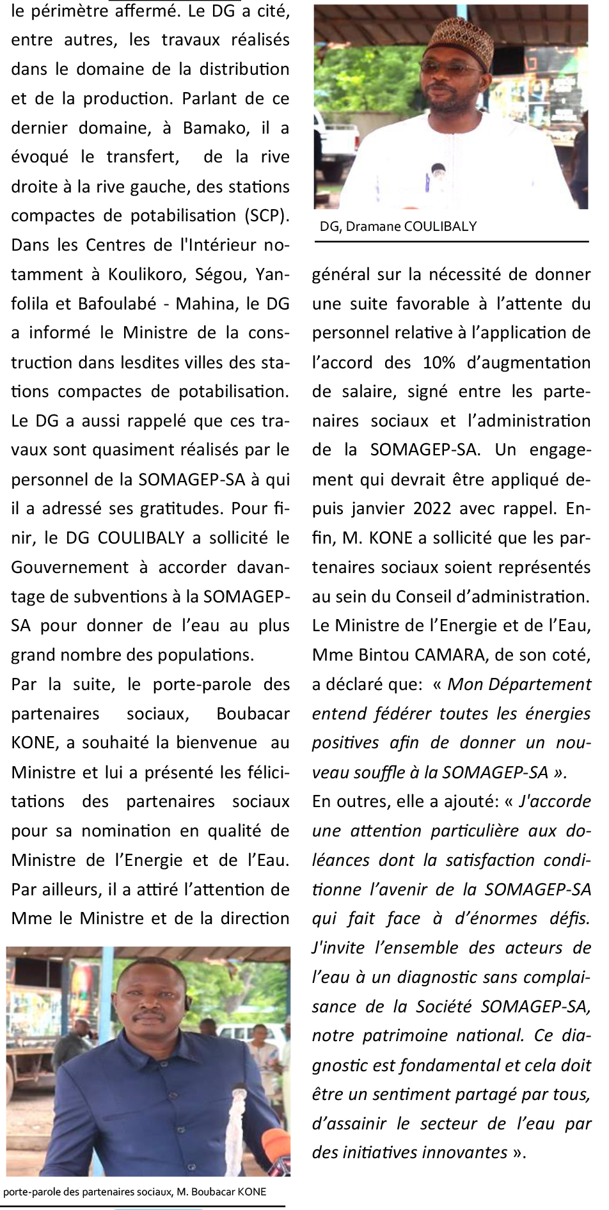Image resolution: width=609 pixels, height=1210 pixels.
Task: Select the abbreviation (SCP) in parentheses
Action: pyautogui.click(x=265, y=216)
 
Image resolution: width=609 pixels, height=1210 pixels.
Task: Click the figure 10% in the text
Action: pyautogui.click(x=439, y=363)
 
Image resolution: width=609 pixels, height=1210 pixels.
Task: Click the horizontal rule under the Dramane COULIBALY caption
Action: pyautogui.click(x=452, y=242)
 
